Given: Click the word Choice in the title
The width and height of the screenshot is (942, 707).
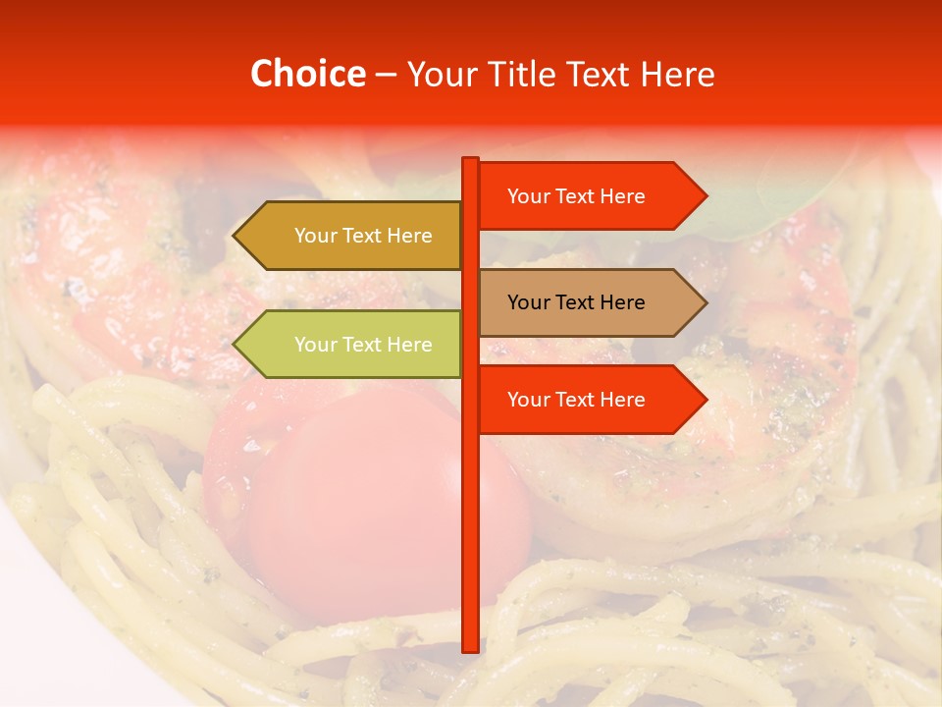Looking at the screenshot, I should click(307, 74).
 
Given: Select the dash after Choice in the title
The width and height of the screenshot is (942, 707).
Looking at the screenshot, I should click(386, 76).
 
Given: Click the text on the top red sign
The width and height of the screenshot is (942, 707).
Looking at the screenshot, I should click(576, 196).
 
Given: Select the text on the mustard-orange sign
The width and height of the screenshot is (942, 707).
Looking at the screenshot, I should click(363, 236).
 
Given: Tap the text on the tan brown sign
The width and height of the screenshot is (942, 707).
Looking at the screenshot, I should click(576, 302).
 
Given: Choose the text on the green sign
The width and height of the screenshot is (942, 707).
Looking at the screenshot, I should click(363, 345).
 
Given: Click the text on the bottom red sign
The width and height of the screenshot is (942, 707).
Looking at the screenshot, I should click(576, 400).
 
